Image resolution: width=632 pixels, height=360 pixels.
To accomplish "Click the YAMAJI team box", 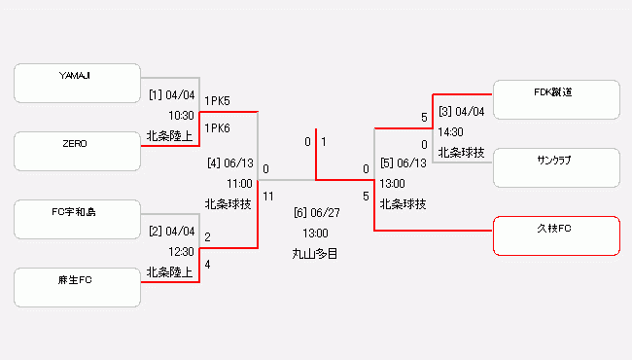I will pyautogui.click(x=77, y=83).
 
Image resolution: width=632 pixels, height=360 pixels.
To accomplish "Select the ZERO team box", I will pyautogui.click(x=77, y=152).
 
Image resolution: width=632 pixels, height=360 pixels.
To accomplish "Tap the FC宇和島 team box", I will pyautogui.click(x=77, y=219).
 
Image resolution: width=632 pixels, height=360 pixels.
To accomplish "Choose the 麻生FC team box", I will pyautogui.click(x=77, y=287).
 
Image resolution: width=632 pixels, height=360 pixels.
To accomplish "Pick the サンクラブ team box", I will pyautogui.click(x=556, y=167).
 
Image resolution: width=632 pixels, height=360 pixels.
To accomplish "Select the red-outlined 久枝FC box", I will pyautogui.click(x=556, y=235).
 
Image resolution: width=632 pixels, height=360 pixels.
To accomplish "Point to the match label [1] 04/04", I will pyautogui.click(x=172, y=96).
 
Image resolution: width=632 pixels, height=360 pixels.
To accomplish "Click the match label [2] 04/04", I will pyautogui.click(x=172, y=232).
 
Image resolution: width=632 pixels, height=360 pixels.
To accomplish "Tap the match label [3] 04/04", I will pyautogui.click(x=462, y=112).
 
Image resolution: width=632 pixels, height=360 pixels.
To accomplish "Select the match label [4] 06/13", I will pyautogui.click(x=229, y=163).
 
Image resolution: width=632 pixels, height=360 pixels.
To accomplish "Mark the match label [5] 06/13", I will pyautogui.click(x=403, y=163).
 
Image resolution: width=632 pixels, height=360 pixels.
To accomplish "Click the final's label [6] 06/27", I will pyautogui.click(x=316, y=213).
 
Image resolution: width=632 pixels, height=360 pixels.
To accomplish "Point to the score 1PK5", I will pyautogui.click(x=217, y=100).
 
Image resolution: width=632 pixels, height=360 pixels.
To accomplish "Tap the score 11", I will pyautogui.click(x=268, y=196).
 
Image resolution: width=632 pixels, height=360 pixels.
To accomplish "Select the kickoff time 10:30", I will pyautogui.click(x=182, y=116).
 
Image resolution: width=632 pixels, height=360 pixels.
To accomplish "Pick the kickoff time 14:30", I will pyautogui.click(x=450, y=131).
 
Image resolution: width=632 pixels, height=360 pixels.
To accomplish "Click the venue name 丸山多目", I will pyautogui.click(x=316, y=253).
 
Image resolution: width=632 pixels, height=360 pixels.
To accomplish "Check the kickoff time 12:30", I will pyautogui.click(x=182, y=251).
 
